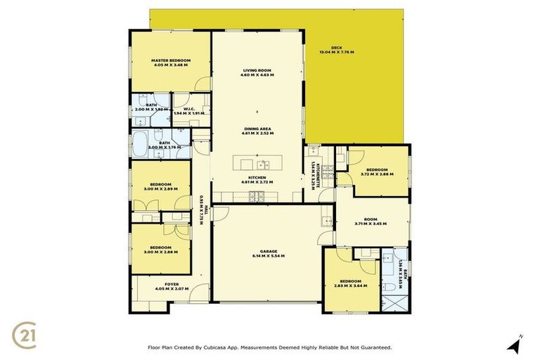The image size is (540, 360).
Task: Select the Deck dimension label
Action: click(x=336, y=51)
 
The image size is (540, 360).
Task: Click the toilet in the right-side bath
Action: click(x=388, y=286)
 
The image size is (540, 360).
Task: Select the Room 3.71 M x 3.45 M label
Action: click(x=371, y=221)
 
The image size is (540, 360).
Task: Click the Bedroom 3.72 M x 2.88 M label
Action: click(x=374, y=172)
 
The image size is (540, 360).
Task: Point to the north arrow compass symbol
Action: click(x=516, y=344)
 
